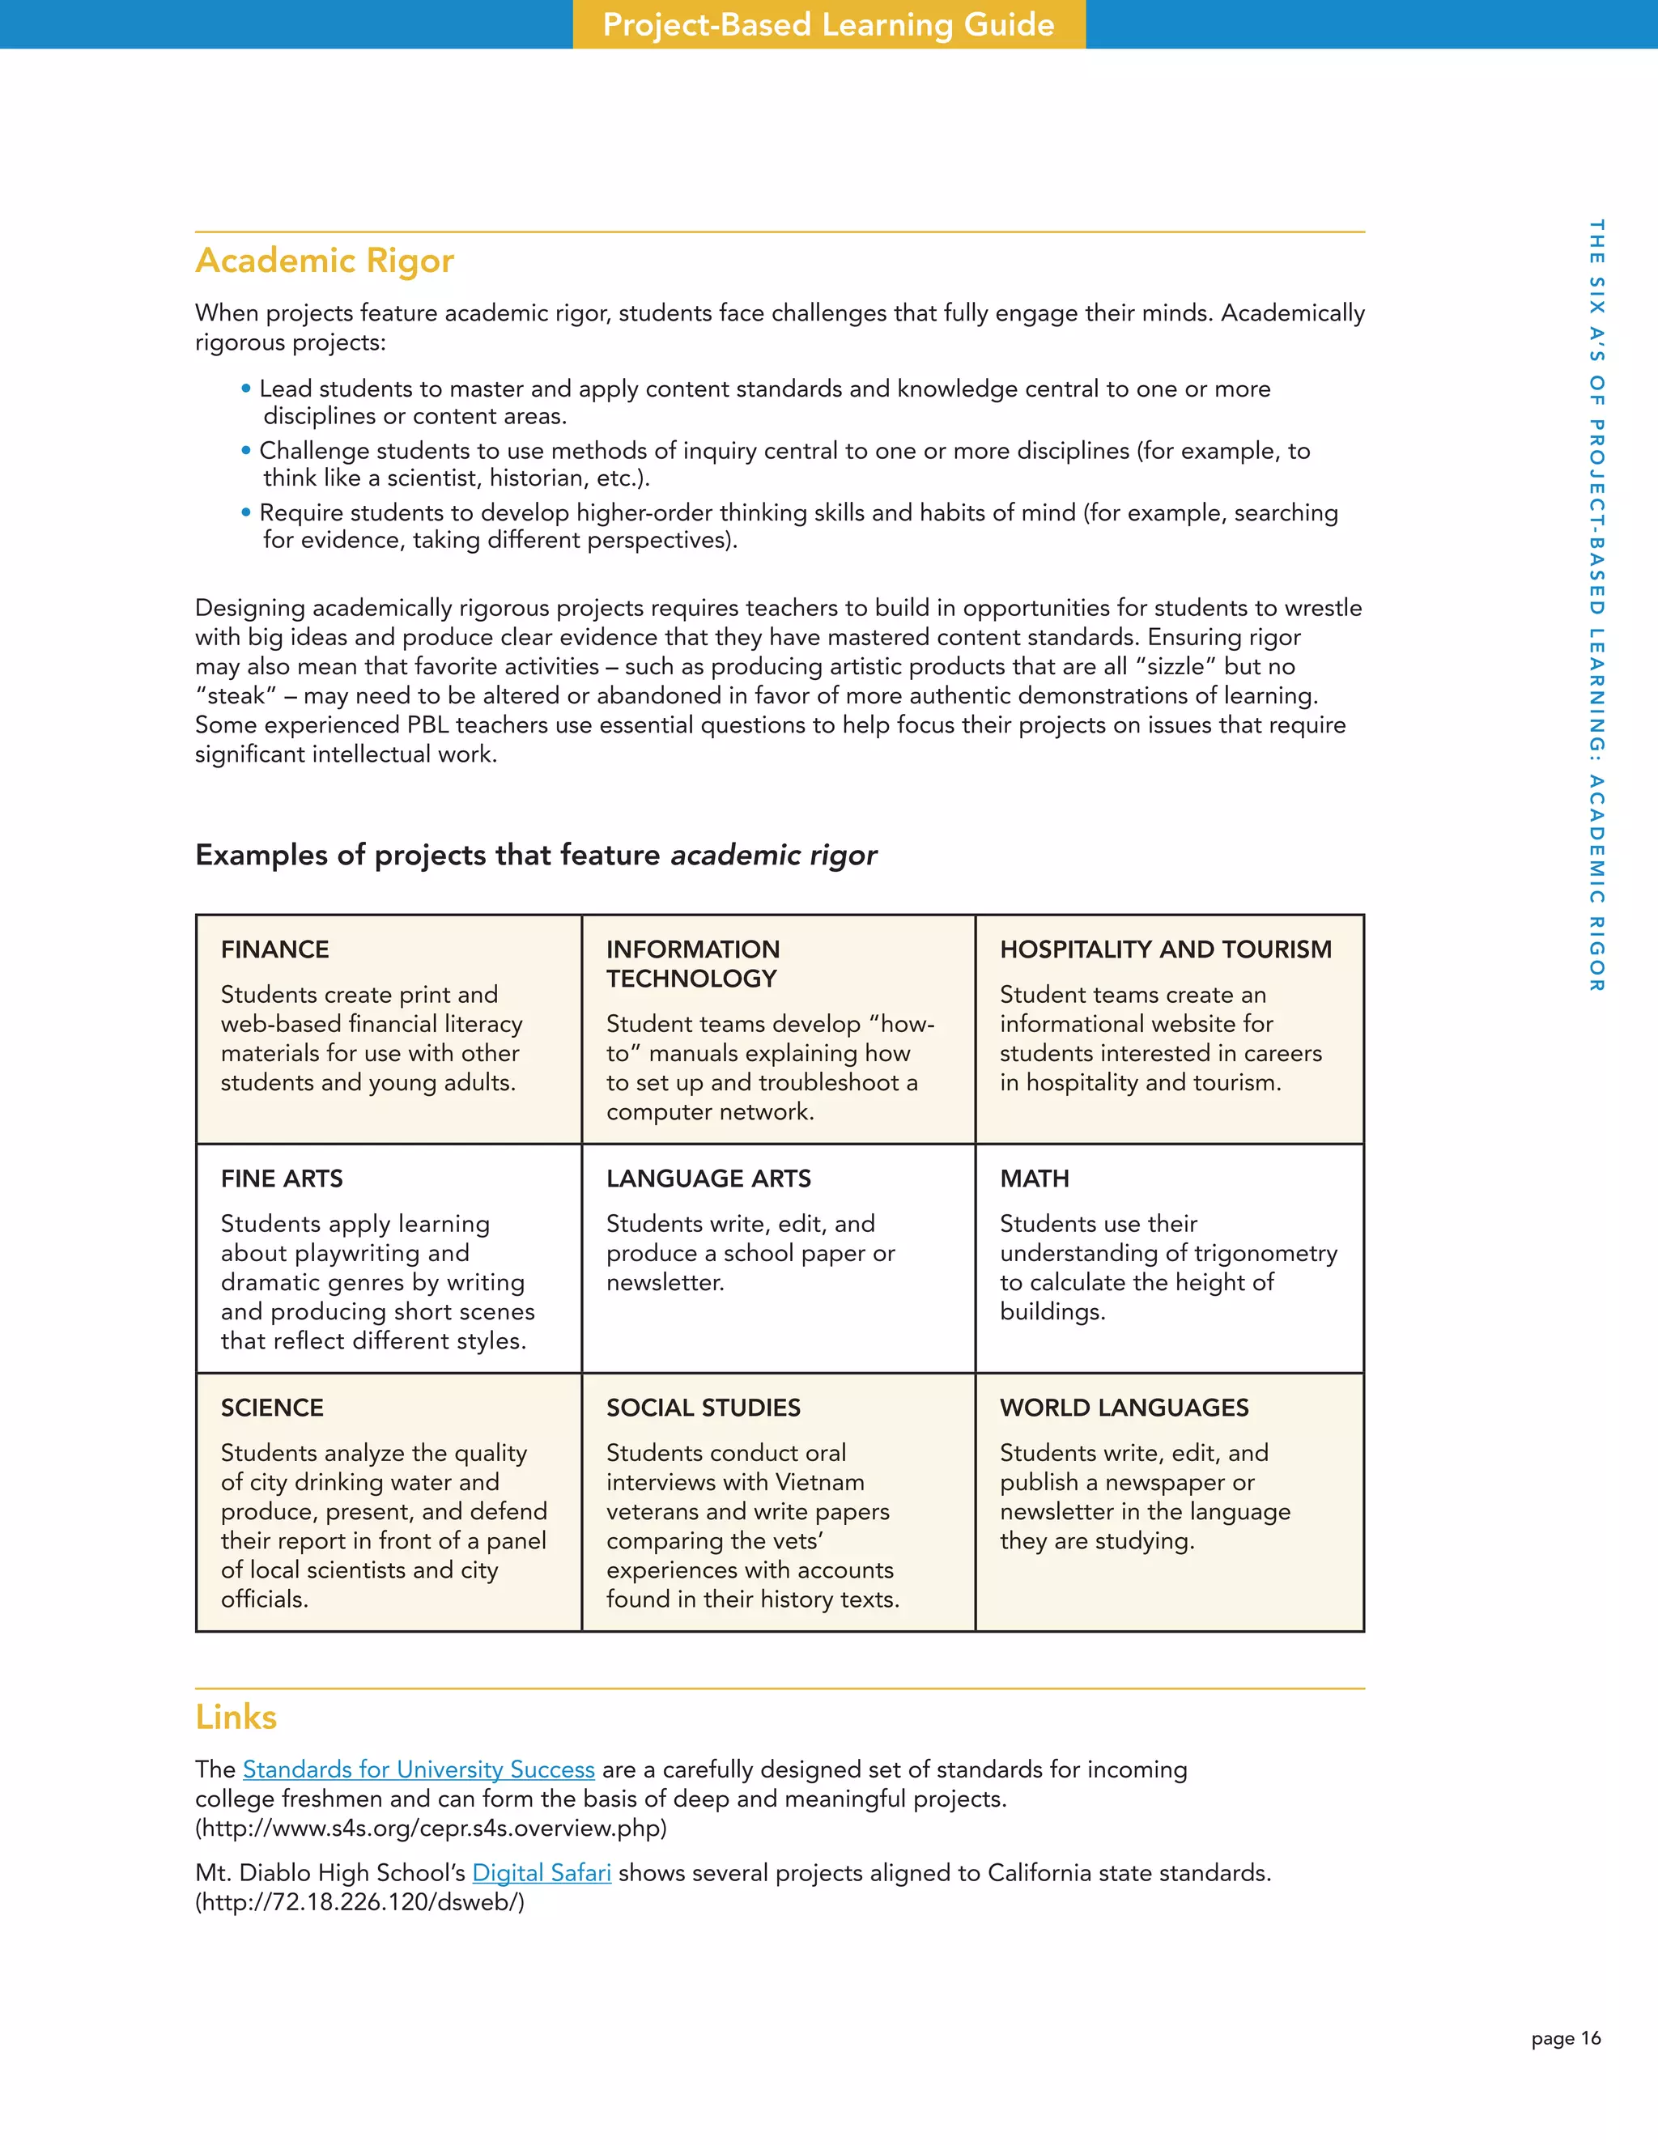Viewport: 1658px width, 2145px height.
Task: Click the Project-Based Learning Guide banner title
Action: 828,24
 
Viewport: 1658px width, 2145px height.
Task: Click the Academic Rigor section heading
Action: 324,261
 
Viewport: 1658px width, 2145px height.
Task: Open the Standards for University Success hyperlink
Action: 419,1769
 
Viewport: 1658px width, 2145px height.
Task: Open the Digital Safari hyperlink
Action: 542,1873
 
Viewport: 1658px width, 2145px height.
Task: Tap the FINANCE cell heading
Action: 275,949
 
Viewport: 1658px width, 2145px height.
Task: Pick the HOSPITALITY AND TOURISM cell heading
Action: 1165,949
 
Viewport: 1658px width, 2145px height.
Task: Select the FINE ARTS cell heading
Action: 282,1179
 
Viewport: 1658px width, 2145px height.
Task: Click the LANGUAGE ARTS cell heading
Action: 708,1179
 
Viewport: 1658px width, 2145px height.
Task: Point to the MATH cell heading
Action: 1035,1179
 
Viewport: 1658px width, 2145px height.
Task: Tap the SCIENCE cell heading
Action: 272,1408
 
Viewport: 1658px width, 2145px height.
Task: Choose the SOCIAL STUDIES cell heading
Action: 704,1408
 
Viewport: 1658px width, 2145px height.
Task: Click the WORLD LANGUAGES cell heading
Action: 1124,1408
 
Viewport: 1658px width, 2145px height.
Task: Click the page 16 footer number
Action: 1565,2039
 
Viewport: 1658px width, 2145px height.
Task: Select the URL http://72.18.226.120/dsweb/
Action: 359,1902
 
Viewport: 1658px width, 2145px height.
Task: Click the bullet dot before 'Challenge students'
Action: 245,451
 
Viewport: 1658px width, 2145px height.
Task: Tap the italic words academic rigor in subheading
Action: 773,856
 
